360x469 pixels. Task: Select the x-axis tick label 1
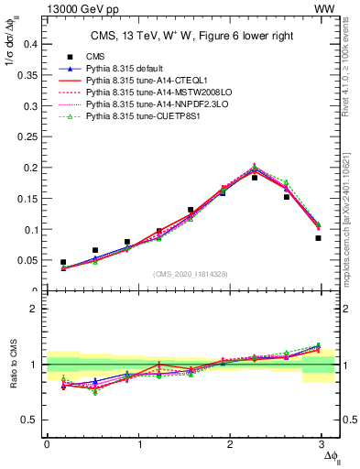tap(139, 443)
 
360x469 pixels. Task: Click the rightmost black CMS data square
tap(318, 238)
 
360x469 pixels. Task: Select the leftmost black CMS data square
tap(63, 262)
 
